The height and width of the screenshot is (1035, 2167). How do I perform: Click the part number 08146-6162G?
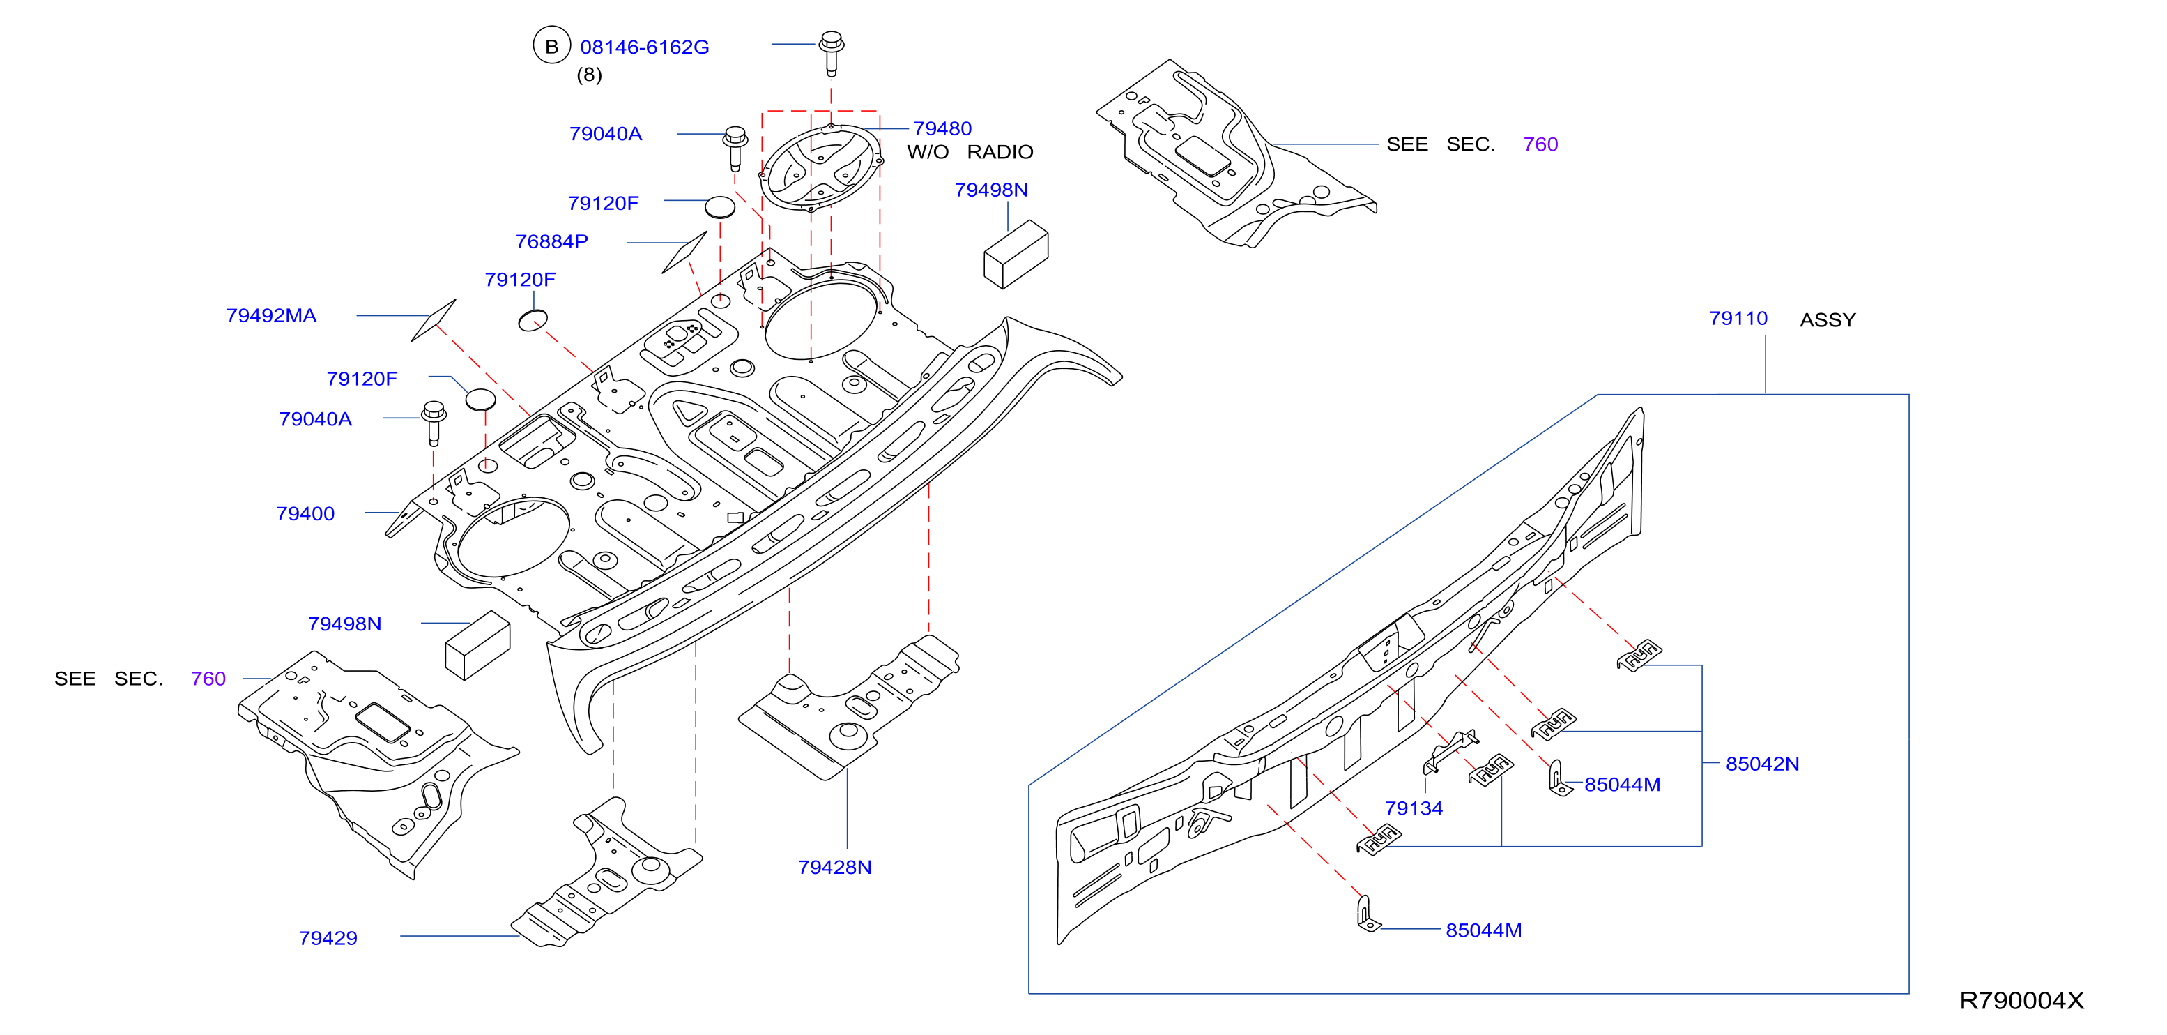pos(644,47)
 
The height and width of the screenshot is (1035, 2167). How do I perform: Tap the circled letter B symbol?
pos(552,46)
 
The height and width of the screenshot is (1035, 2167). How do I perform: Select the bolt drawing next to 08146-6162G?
pos(831,53)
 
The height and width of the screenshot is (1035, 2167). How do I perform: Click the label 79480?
pos(942,129)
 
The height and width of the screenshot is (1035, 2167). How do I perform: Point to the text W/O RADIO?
pos(970,152)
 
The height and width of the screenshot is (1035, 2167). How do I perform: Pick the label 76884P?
pos(551,241)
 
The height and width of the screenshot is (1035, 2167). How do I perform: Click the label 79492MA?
pos(271,315)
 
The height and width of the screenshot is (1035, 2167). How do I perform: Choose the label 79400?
pos(305,513)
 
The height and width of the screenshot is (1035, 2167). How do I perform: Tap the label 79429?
pos(328,938)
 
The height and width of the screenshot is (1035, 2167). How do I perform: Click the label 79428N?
pos(834,868)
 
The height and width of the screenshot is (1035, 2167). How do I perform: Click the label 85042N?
pos(1762,764)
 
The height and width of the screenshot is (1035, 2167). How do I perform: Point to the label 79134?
pos(1414,808)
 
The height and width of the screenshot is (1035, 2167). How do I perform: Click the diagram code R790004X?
pos(2021,1001)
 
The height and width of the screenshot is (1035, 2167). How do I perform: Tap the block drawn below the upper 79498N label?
pos(1016,254)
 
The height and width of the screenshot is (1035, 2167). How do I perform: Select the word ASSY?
pos(1828,319)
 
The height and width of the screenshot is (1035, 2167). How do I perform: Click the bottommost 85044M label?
pos(1483,930)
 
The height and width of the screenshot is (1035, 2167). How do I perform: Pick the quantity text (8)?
pos(589,75)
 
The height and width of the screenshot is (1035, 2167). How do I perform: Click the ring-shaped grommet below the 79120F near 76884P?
pos(533,321)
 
